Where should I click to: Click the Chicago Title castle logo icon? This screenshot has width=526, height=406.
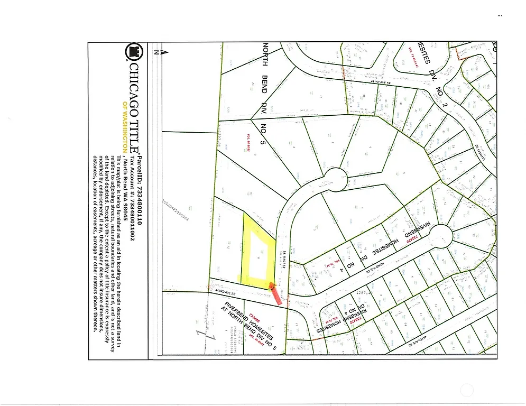click(x=133, y=52)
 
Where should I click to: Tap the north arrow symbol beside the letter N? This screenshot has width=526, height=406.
click(x=164, y=52)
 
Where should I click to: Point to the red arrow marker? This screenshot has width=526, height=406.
click(x=276, y=293)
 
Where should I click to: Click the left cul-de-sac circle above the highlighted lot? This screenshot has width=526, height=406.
click(x=335, y=179)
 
